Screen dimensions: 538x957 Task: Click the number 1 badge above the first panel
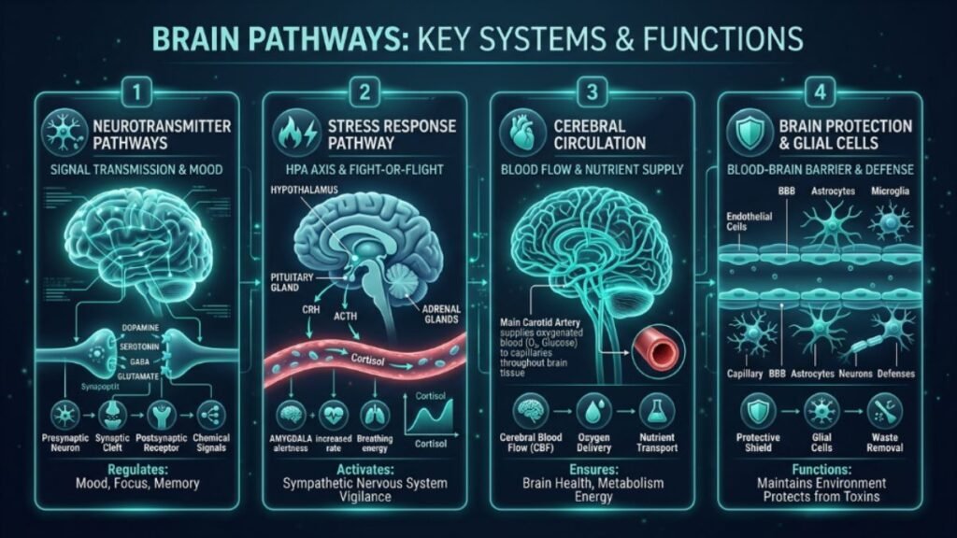coord(136,92)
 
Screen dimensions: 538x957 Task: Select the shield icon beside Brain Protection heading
coord(747,133)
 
